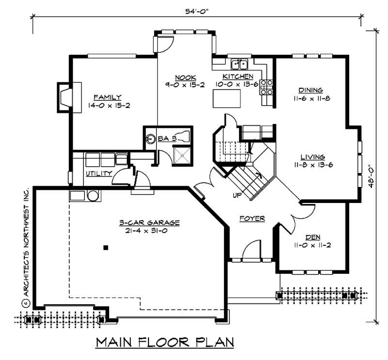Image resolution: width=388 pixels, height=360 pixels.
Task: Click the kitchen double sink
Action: click(240, 64)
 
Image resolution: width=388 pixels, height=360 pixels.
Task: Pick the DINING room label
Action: click(311, 90)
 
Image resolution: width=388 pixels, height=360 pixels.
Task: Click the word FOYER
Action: click(252, 219)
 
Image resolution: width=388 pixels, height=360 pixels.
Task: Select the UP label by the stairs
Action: click(237, 195)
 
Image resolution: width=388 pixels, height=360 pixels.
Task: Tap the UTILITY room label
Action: click(99, 173)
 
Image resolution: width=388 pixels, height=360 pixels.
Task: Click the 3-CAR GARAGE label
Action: click(149, 223)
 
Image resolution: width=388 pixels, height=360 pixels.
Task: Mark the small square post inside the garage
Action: click(105, 248)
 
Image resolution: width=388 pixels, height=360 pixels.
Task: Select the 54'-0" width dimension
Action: click(198, 10)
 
